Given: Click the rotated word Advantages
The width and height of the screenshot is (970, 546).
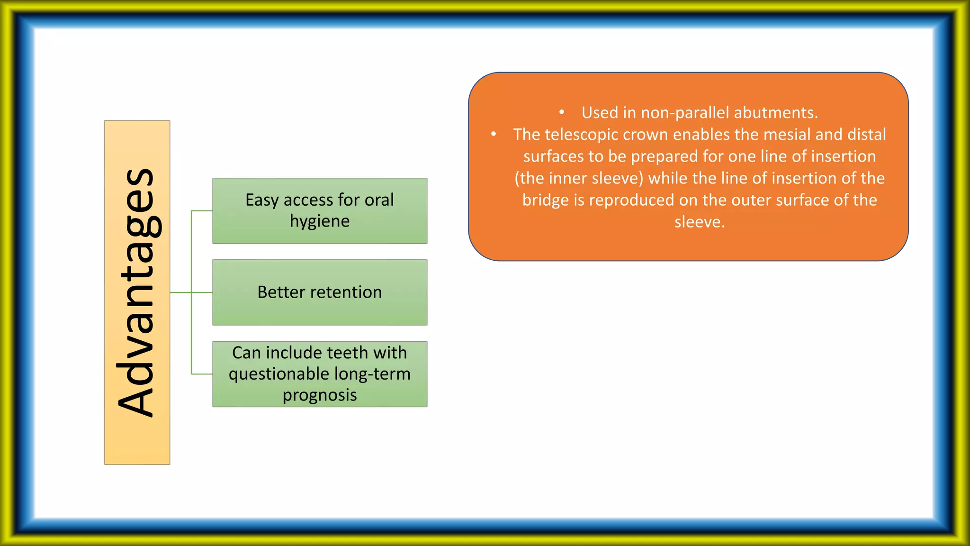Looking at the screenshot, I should (137, 292).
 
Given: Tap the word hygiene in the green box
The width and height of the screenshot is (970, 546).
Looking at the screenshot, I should (320, 221).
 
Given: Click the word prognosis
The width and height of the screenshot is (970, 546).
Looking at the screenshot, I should (320, 395).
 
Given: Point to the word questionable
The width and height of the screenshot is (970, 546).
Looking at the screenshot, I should (279, 374).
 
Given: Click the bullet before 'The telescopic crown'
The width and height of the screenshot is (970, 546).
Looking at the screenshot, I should (494, 135).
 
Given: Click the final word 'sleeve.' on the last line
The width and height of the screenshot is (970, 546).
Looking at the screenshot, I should (700, 222).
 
